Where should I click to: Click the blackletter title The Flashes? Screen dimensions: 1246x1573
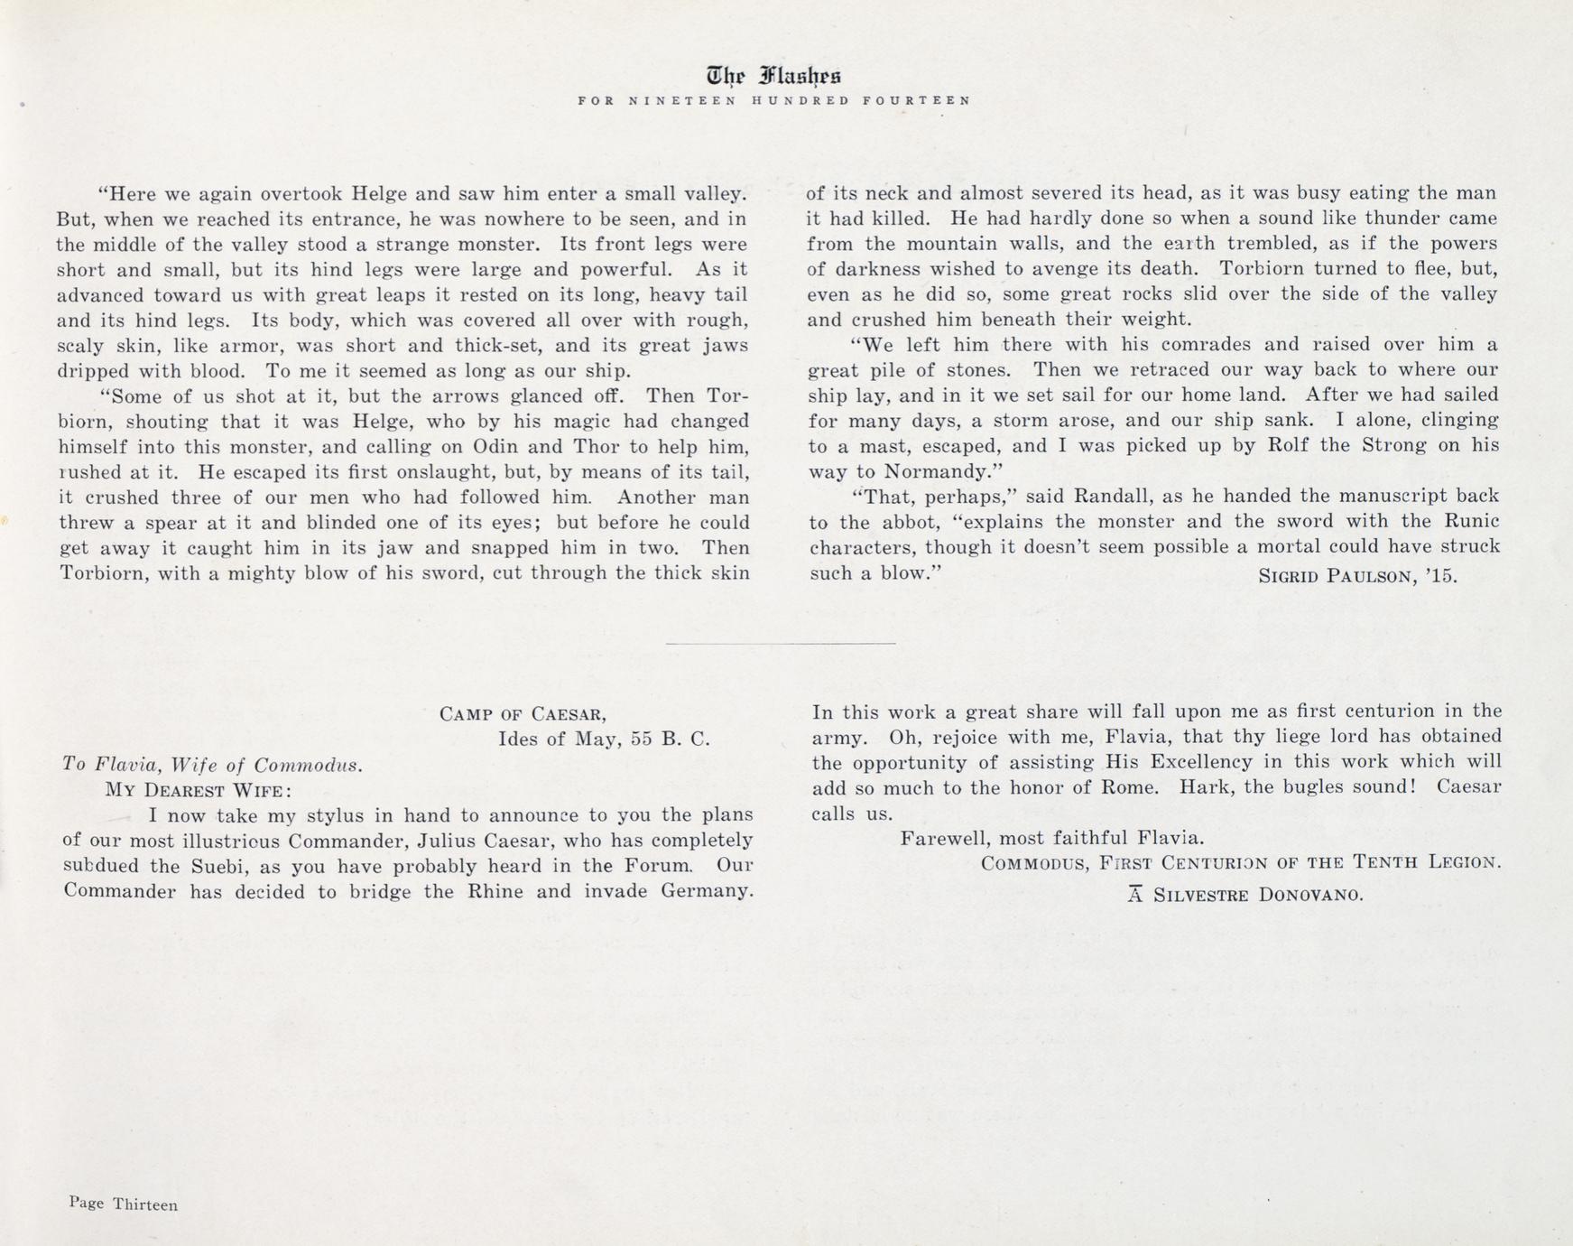pyautogui.click(x=774, y=77)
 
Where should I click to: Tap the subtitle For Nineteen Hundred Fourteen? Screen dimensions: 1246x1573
pyautogui.click(x=774, y=101)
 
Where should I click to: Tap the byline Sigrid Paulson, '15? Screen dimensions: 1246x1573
pyautogui.click(x=1357, y=575)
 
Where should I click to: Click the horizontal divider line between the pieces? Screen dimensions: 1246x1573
pyautogui.click(x=781, y=644)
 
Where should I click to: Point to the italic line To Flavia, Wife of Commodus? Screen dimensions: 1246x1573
pyautogui.click(x=213, y=766)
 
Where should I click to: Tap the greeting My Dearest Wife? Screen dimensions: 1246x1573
pyautogui.click(x=198, y=791)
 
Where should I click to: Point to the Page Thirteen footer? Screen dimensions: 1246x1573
pyautogui.click(x=123, y=1204)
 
